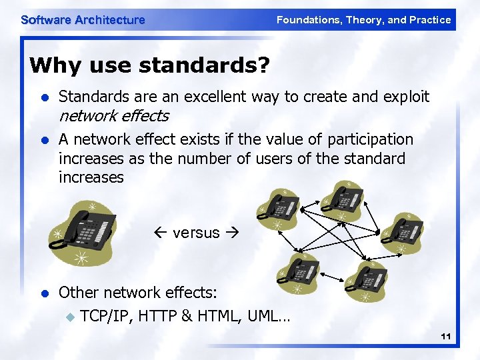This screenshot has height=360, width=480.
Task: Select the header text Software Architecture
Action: pos(83,20)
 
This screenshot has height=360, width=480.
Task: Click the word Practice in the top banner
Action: pos(430,20)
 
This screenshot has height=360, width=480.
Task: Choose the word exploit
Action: pos(406,97)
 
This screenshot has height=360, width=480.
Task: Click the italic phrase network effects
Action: pos(113,116)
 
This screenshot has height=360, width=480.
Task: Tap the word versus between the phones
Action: pos(196,233)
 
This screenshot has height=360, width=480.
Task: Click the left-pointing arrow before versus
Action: pos(163,233)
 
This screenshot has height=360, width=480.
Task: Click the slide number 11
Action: pos(446,338)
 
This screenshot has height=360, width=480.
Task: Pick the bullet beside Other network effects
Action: pos(44,293)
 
